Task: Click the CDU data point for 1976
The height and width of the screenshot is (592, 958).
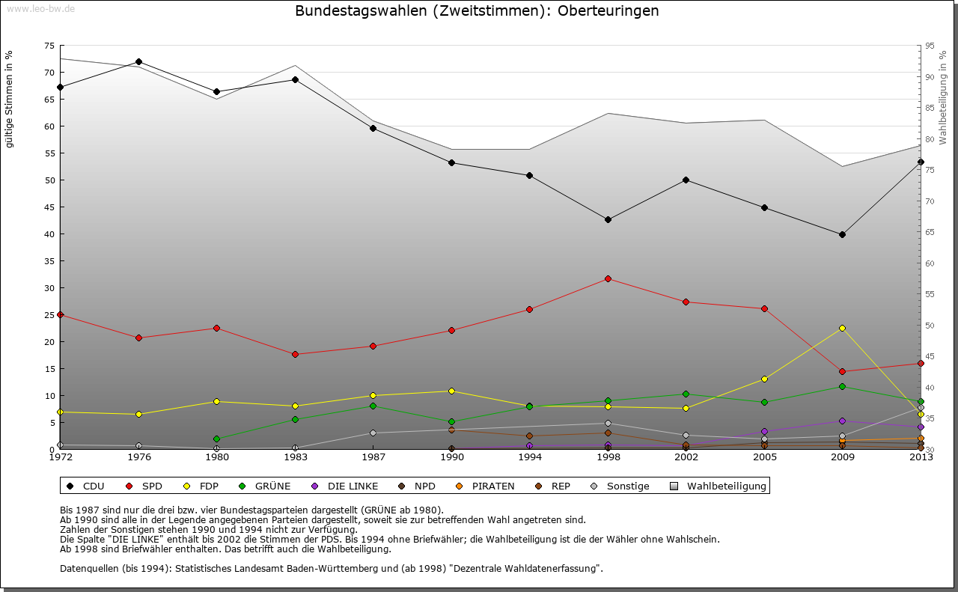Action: click(x=138, y=61)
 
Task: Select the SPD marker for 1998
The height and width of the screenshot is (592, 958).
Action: click(x=608, y=278)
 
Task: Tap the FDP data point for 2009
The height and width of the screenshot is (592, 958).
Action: click(x=842, y=328)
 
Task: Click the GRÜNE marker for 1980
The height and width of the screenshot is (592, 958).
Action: click(x=216, y=439)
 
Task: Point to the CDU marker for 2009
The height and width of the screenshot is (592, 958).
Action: click(x=842, y=234)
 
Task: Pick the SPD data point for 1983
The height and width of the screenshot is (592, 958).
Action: click(x=295, y=354)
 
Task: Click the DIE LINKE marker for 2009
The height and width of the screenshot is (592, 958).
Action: click(x=842, y=421)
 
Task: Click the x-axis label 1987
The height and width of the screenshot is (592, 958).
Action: click(x=373, y=457)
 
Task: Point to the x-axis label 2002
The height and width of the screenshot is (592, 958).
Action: click(x=686, y=457)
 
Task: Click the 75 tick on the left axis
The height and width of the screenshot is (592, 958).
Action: click(x=49, y=46)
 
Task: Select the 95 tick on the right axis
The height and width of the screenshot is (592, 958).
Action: click(x=930, y=46)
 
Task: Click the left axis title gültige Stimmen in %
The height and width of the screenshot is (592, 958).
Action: click(x=9, y=100)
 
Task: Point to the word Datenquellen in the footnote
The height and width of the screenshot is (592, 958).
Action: click(x=91, y=568)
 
